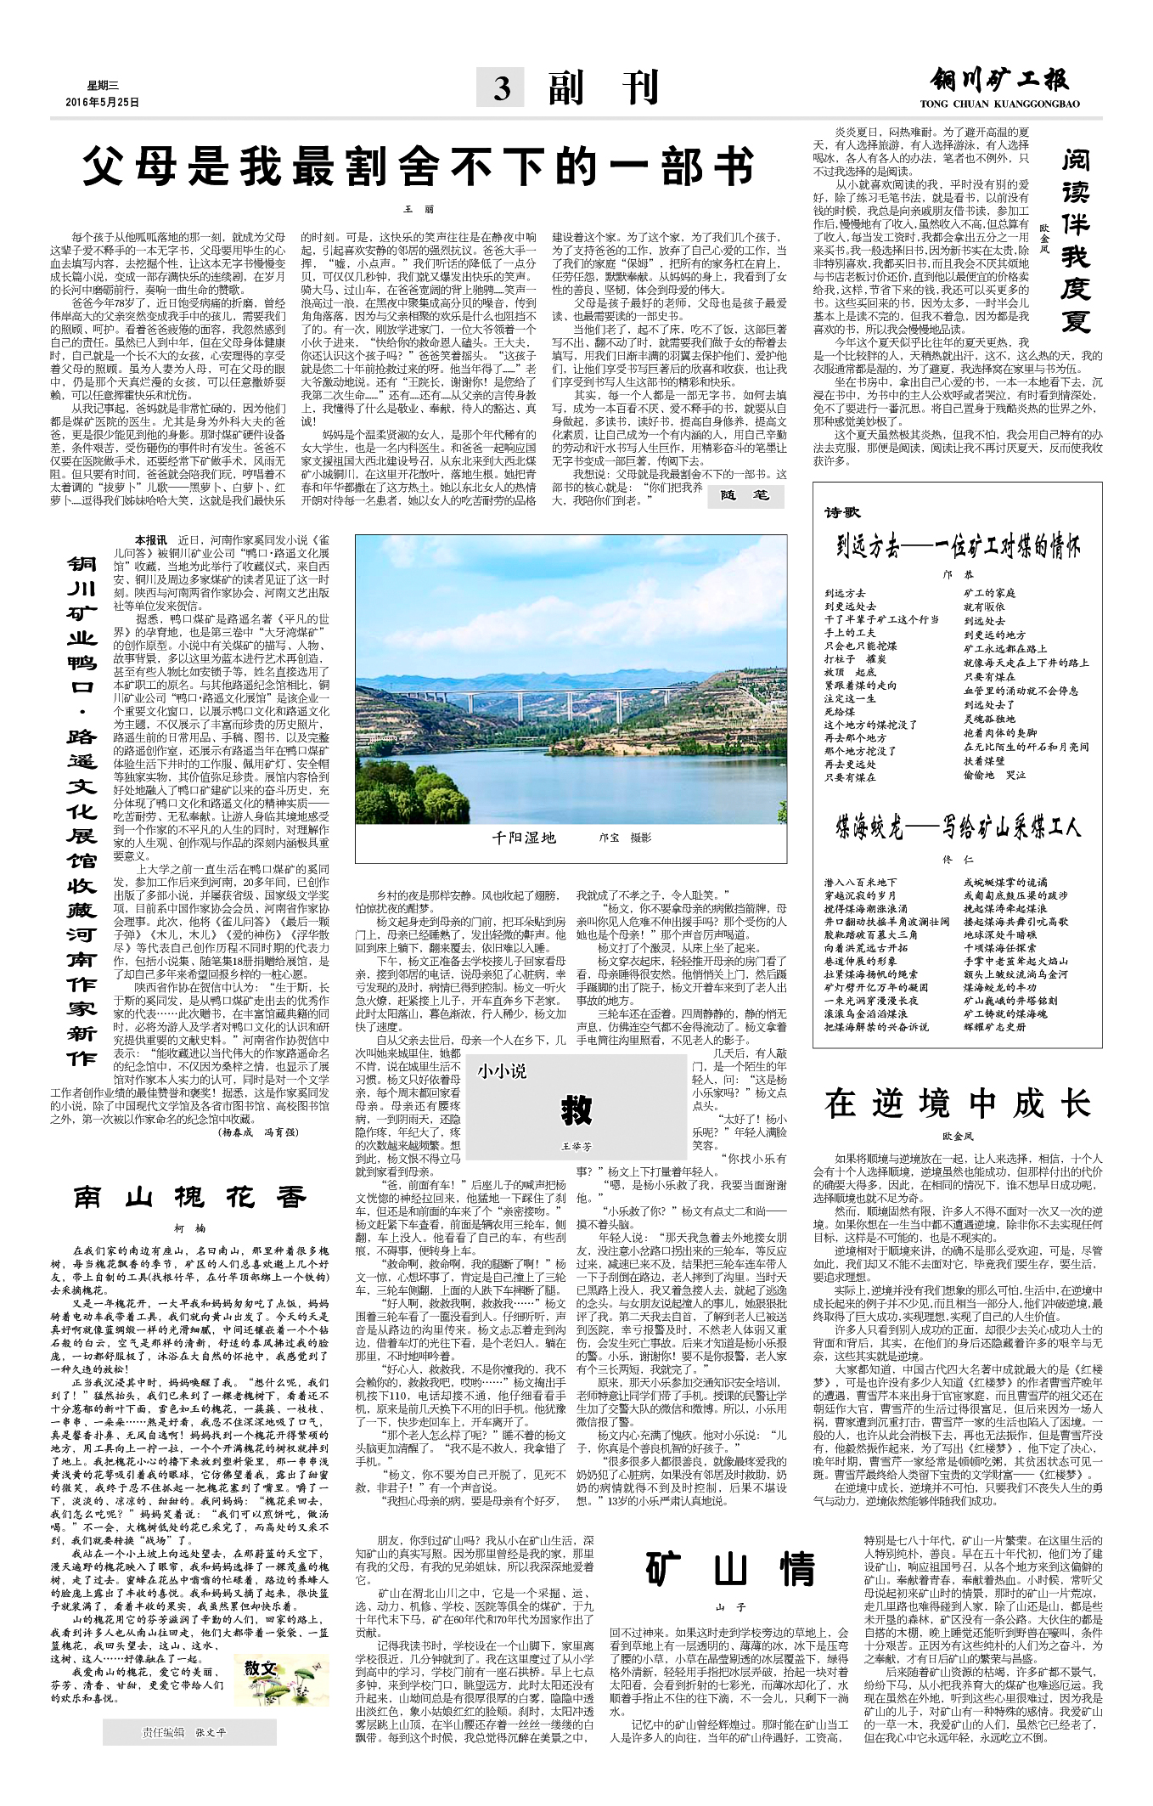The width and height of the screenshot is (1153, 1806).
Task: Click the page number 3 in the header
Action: point(502,88)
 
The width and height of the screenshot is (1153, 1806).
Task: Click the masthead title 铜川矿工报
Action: point(998,81)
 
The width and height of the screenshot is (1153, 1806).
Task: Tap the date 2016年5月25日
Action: point(102,102)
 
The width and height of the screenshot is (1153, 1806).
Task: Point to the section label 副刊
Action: point(604,87)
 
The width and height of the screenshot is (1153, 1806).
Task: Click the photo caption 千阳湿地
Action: point(524,838)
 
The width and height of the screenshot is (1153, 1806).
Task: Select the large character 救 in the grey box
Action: point(576,1109)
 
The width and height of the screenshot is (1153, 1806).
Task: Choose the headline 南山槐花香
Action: point(189,1197)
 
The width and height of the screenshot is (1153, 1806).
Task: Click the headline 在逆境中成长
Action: point(957,1103)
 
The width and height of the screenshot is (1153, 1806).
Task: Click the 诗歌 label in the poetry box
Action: point(841,512)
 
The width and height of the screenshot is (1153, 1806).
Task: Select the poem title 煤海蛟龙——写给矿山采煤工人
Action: point(958,826)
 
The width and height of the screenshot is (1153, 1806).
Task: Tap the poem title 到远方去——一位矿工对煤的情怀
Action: point(958,546)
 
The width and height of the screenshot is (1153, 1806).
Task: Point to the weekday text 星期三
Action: point(104,85)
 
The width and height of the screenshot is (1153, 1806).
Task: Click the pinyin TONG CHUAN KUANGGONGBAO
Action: point(999,104)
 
